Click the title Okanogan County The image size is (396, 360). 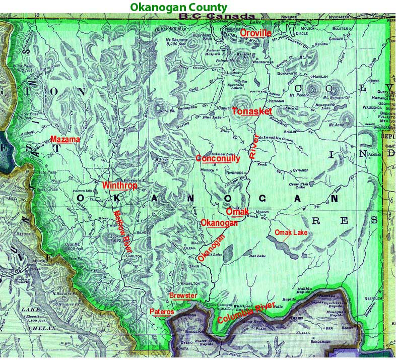tap(178, 7)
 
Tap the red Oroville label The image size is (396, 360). tap(256, 33)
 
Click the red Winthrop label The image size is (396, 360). tap(119, 185)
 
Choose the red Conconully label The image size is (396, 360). tap(218, 158)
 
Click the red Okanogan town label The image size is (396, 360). tap(219, 222)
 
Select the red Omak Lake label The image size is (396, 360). tap(290, 232)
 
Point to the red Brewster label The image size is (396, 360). tap(183, 295)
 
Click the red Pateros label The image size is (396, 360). tap(162, 312)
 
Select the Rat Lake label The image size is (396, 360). tap(258, 256)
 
